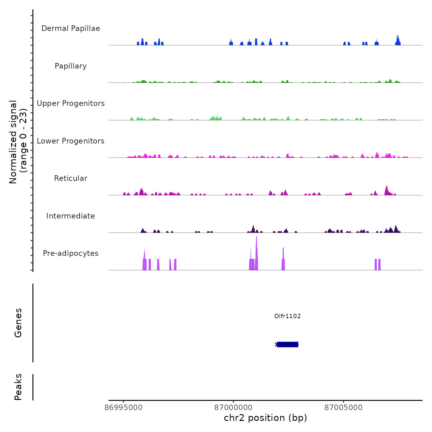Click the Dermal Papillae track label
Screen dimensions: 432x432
pyautogui.click(x=71, y=28)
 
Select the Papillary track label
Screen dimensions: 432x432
pyautogui.click(x=71, y=66)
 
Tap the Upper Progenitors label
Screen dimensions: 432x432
pyautogui.click(x=71, y=103)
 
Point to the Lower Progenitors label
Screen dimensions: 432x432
pyautogui.click(x=71, y=141)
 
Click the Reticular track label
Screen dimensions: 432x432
pyautogui.click(x=71, y=178)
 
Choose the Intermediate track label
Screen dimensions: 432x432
pyautogui.click(x=71, y=216)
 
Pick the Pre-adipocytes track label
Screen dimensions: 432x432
pyautogui.click(x=71, y=253)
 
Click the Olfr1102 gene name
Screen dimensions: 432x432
pyautogui.click(x=287, y=316)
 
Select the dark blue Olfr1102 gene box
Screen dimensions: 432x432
pyautogui.click(x=287, y=344)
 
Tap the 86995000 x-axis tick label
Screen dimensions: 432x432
pyautogui.click(x=123, y=408)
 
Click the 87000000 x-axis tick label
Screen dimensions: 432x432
pyautogui.click(x=233, y=408)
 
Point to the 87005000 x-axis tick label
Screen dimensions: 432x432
pyautogui.click(x=343, y=408)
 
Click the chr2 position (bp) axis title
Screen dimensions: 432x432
pyautogui.click(x=265, y=418)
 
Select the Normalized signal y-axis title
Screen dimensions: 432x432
pyautogui.click(x=18, y=142)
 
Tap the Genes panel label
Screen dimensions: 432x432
pyautogui.click(x=18, y=323)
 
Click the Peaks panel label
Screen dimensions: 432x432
pyautogui.click(x=18, y=387)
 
